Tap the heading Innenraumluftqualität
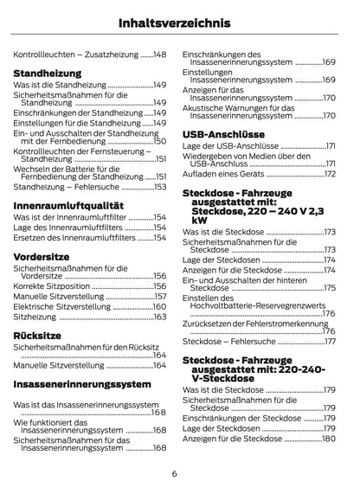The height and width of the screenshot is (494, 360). [x=68, y=204]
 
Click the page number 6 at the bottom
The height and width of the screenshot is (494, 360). [x=175, y=472]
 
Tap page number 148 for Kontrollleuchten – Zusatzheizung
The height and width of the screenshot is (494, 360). [x=158, y=55]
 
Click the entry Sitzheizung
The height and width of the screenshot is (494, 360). [x=37, y=318]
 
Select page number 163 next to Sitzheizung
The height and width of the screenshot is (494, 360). [x=159, y=318]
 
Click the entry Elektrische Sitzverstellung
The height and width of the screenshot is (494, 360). [x=58, y=306]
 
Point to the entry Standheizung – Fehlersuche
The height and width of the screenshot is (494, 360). [x=64, y=186]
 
